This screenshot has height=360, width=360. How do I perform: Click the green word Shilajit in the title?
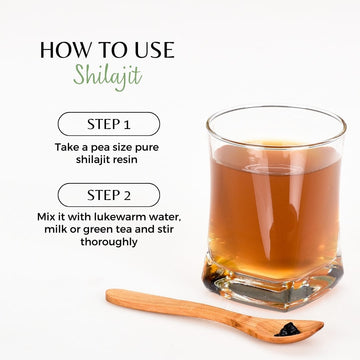click(108, 76)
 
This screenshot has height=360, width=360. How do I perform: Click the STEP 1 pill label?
click(109, 124)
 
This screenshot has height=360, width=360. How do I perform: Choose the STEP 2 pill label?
click(109, 195)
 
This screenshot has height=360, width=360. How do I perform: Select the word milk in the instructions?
click(55, 229)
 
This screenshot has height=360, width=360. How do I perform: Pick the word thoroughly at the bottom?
click(109, 242)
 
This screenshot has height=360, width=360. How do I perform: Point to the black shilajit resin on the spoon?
click(287, 330)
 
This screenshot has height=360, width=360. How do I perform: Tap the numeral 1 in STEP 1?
click(126, 124)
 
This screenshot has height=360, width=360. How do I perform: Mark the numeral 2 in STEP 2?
click(127, 195)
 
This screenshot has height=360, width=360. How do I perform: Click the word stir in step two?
click(165, 229)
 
